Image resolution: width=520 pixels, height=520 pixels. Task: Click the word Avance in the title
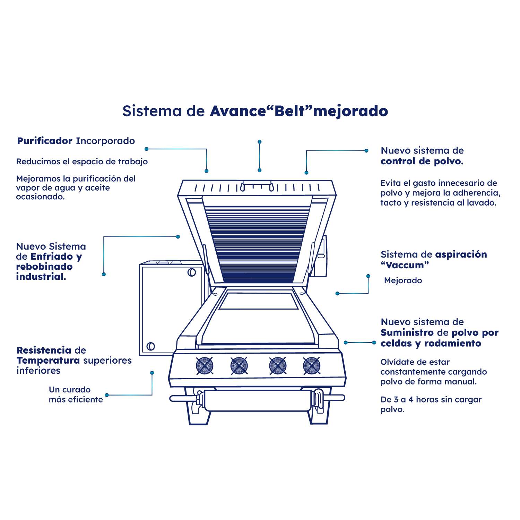coord(237,111)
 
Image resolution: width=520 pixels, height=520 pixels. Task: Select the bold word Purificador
coord(45,141)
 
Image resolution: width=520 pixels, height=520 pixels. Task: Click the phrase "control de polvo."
coord(422,161)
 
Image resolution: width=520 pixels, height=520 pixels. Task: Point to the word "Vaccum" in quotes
coord(405,265)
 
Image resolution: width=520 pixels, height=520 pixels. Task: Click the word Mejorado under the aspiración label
coord(403,280)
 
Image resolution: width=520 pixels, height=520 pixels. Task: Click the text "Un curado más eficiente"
coord(76,395)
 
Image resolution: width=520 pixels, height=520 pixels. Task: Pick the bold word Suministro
coord(407,333)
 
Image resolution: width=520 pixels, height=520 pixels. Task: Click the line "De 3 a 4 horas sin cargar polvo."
coord(431,404)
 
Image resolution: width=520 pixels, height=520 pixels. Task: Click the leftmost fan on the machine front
coord(205,366)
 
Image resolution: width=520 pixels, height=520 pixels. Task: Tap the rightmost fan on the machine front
coord(312,366)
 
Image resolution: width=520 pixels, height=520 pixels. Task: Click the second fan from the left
coord(239,366)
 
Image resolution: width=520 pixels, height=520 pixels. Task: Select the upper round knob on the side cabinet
coord(192,272)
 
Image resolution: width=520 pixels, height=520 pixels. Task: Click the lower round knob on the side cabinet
coord(150,346)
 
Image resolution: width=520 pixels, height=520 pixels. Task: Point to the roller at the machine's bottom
coord(257,401)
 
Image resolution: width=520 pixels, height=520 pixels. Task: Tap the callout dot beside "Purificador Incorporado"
coord(147,149)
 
